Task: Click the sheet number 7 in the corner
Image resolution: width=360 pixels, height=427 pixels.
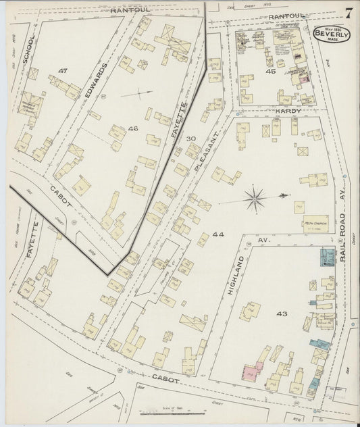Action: pos(347,12)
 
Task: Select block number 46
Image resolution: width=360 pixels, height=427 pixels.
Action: pos(132,128)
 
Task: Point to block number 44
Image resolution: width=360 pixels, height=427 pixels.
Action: pos(218,235)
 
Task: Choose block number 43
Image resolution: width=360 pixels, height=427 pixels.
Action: pos(282,313)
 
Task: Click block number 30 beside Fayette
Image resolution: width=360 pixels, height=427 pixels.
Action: pos(191,139)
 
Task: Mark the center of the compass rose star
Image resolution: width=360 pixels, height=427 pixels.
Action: pos(255,198)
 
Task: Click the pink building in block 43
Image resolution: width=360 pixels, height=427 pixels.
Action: pos(248,370)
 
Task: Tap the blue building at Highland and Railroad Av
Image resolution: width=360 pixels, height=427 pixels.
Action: pos(327,257)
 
